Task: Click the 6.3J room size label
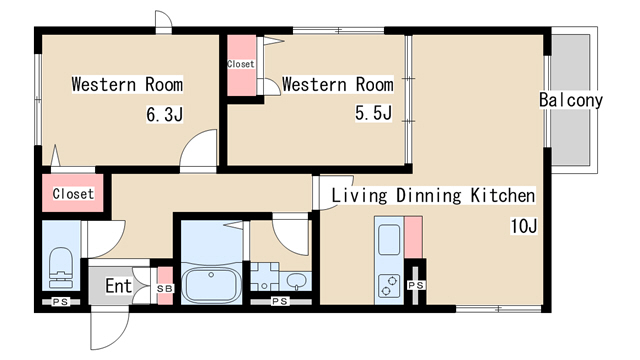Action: click(164, 114)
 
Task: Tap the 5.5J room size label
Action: click(373, 112)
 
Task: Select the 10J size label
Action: click(524, 226)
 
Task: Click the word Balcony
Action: click(571, 100)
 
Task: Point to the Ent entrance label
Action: click(119, 286)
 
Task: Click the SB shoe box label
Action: click(165, 289)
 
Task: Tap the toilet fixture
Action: click(61, 268)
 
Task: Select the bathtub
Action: click(211, 284)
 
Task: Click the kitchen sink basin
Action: click(389, 240)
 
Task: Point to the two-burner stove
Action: click(389, 285)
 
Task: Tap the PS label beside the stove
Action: click(416, 285)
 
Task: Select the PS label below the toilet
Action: click(61, 302)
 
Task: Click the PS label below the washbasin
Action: click(280, 302)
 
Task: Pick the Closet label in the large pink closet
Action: click(73, 193)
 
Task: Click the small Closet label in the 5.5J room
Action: click(241, 64)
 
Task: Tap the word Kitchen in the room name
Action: click(502, 195)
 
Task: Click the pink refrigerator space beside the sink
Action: click(413, 237)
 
